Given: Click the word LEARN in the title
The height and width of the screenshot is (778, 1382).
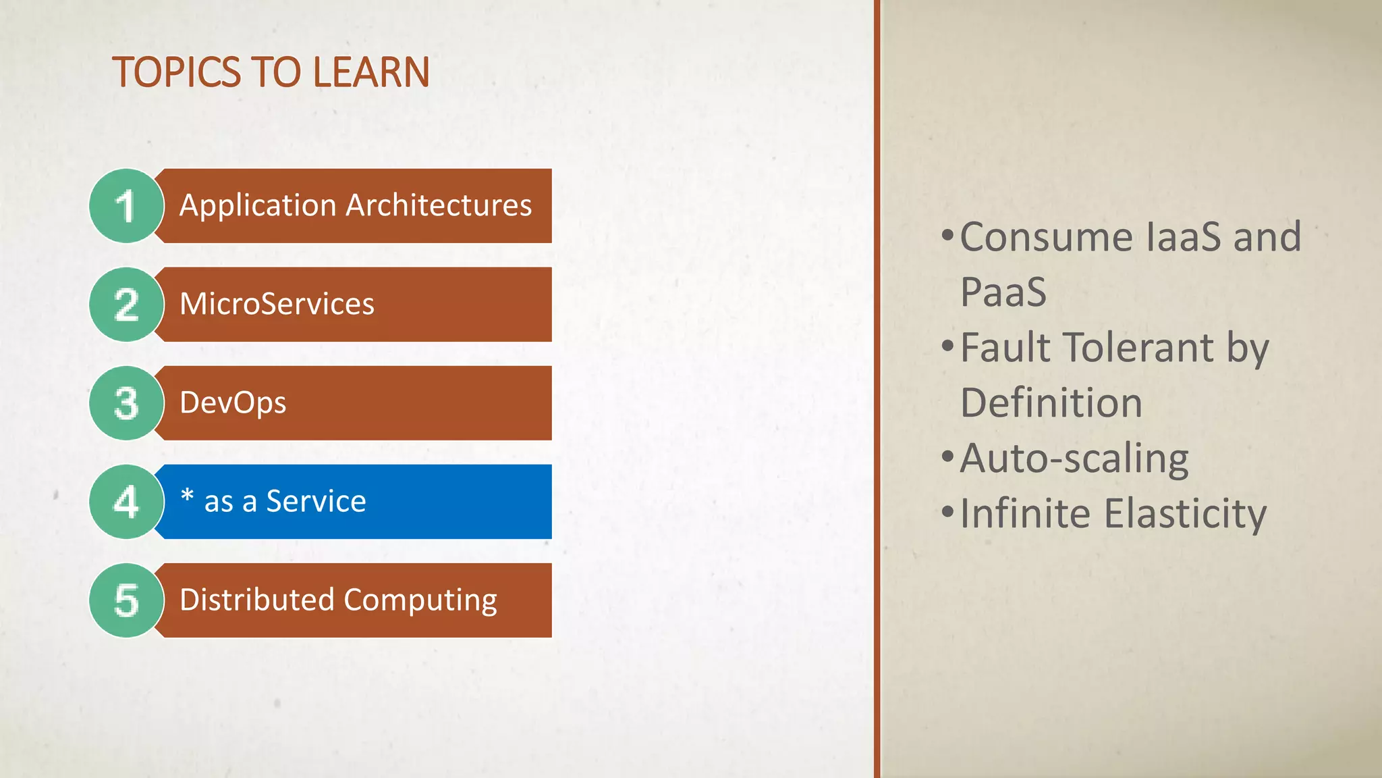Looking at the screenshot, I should [x=370, y=72].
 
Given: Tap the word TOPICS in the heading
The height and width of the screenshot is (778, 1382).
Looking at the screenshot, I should [x=176, y=72].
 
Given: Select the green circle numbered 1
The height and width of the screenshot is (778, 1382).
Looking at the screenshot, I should [x=126, y=206].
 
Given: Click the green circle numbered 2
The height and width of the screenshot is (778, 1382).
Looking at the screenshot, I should [x=126, y=305].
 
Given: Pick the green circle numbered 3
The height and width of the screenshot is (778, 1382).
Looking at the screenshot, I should [x=126, y=403].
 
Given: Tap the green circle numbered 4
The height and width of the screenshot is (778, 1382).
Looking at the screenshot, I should [x=126, y=502].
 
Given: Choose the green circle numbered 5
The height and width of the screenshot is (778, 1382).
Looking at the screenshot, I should [x=126, y=600].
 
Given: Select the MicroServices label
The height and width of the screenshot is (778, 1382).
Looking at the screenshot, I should [x=277, y=304].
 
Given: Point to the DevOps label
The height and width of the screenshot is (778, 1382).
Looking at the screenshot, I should [x=233, y=403].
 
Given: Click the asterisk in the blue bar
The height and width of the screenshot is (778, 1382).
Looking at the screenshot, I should [x=187, y=496].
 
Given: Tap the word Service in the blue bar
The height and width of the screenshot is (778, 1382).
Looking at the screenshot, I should [x=316, y=502].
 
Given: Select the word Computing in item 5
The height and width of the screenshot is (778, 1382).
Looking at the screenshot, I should [x=420, y=600].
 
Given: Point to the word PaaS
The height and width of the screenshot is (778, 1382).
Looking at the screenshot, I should [x=1003, y=292].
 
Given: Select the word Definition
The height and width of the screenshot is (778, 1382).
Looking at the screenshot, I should [x=1051, y=403].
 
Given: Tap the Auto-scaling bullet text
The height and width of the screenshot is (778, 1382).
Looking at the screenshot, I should [x=1074, y=459].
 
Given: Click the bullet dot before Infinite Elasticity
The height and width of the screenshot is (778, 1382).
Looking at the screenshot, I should [x=947, y=511].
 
